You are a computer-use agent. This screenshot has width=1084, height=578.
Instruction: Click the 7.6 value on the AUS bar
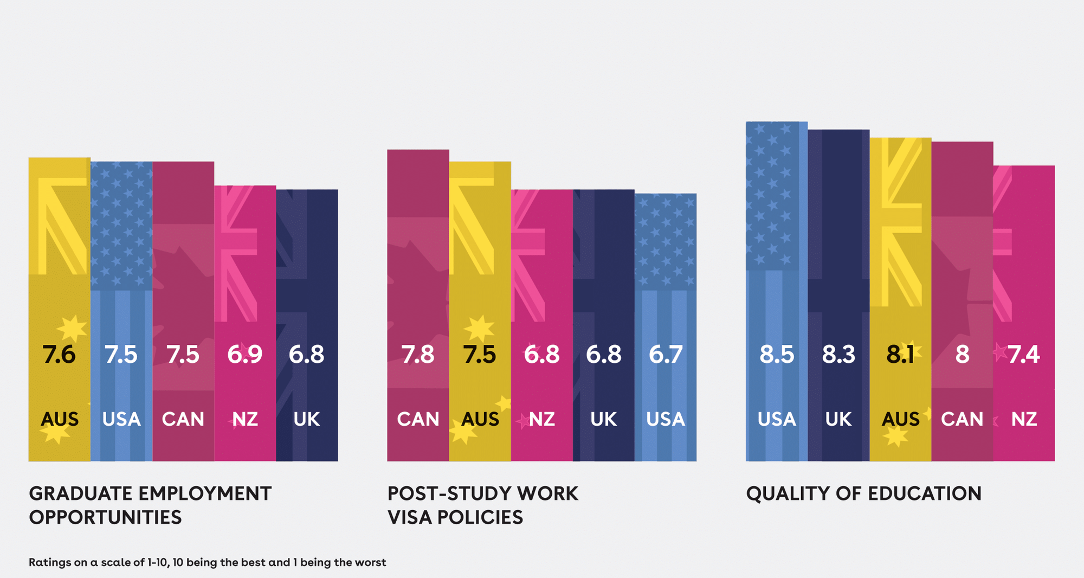click(59, 355)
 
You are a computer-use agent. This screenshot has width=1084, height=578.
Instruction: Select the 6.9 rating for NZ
click(244, 355)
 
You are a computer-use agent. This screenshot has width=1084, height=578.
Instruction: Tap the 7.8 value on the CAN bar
click(418, 355)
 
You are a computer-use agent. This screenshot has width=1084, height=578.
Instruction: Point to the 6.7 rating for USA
click(666, 355)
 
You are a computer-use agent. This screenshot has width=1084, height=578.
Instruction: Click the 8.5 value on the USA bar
click(777, 355)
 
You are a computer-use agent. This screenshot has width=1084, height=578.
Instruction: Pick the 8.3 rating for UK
click(838, 355)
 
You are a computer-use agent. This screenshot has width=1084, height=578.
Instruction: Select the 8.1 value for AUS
click(900, 355)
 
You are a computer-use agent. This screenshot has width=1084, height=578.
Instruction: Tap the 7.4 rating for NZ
click(1024, 355)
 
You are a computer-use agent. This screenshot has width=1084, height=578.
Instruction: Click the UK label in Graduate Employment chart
click(307, 419)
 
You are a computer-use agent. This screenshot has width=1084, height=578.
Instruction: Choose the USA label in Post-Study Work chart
click(666, 419)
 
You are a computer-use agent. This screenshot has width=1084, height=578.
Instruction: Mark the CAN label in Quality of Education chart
click(962, 419)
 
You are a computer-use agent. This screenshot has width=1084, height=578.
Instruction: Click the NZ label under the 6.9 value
click(245, 419)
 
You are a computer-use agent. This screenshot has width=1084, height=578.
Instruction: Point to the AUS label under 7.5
click(480, 419)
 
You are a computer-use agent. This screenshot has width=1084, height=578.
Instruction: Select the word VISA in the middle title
click(410, 517)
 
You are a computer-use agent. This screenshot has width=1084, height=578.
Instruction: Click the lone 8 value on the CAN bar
click(962, 355)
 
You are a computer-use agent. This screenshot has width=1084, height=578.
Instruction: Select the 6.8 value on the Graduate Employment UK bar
click(306, 355)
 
